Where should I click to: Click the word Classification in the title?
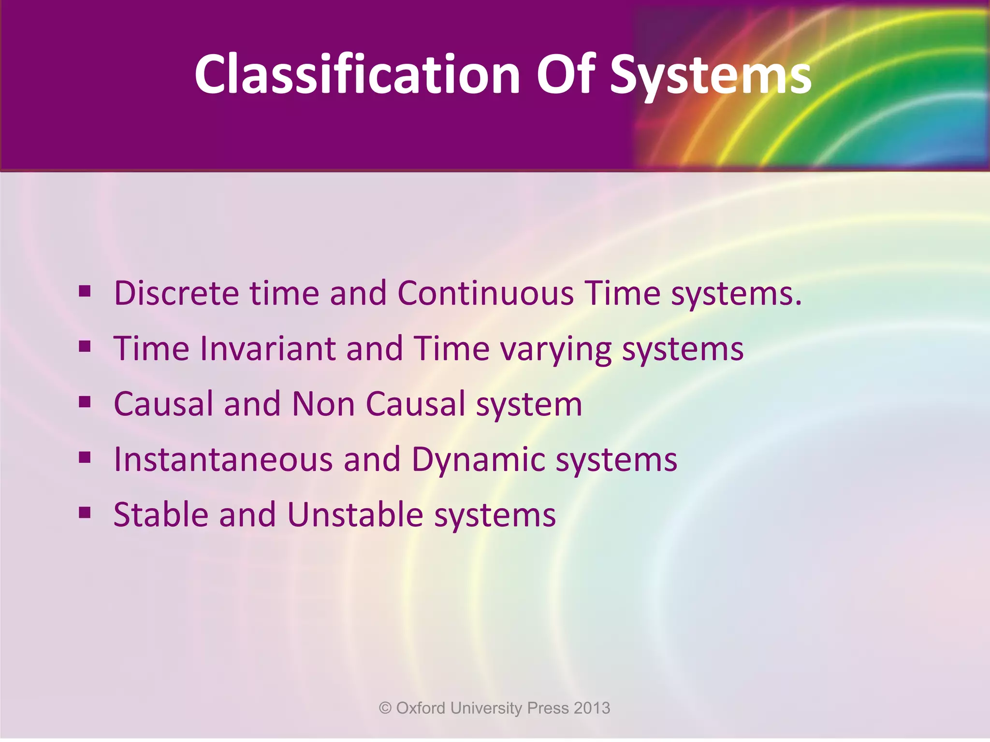[357, 74]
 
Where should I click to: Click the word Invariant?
[268, 349]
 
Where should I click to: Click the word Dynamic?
[478, 460]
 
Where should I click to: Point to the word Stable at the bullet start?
[161, 514]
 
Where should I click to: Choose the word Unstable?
[355, 514]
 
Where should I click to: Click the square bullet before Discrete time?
[85, 291]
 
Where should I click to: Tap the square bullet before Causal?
[85, 401]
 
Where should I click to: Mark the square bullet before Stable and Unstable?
[85, 512]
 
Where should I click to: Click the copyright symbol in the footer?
[385, 708]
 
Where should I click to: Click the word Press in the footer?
[548, 708]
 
